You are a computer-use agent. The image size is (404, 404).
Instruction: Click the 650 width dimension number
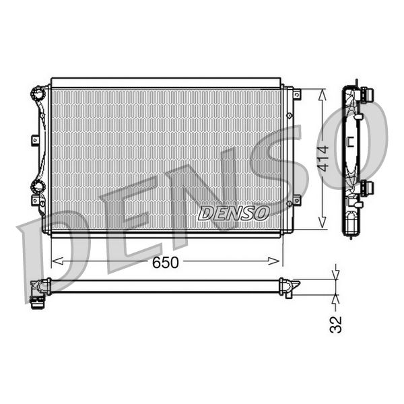pos(165,262)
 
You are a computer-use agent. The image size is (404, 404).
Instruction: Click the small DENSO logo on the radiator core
pos(233,213)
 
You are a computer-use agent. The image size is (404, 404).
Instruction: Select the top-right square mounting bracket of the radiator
pos(297,95)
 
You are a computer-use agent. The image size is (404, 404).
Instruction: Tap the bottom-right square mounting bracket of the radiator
pos(296,199)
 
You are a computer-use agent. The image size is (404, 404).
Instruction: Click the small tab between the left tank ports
pos(35,140)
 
